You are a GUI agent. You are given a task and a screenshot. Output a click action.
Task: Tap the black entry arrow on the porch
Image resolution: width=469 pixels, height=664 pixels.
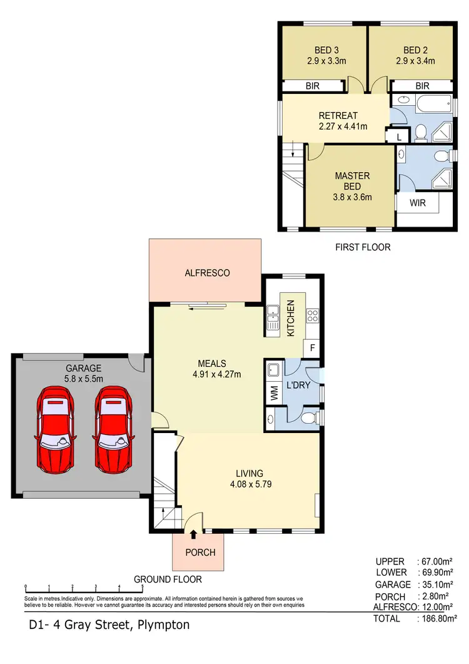(x=193, y=534)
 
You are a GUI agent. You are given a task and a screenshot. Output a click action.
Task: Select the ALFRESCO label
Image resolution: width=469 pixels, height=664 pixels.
(x=207, y=273)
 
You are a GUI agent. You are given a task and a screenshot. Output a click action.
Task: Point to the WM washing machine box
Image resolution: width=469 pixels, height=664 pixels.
(x=274, y=394)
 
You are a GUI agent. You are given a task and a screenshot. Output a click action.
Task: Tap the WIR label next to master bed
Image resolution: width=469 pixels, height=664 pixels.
(x=418, y=203)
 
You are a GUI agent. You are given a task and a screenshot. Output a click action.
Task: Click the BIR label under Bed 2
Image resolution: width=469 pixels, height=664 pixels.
(x=422, y=86)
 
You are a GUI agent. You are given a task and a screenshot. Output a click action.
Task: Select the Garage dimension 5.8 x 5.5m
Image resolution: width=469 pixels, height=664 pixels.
(x=81, y=379)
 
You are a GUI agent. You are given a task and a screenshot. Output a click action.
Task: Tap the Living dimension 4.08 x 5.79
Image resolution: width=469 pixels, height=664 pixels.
(x=249, y=484)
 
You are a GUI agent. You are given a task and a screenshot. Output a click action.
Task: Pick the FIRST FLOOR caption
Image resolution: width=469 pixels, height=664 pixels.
(x=363, y=247)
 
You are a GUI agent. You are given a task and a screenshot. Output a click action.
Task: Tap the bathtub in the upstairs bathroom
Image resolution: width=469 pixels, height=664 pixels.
(x=431, y=101)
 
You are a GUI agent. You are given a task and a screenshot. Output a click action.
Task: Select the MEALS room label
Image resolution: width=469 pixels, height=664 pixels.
(x=211, y=363)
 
